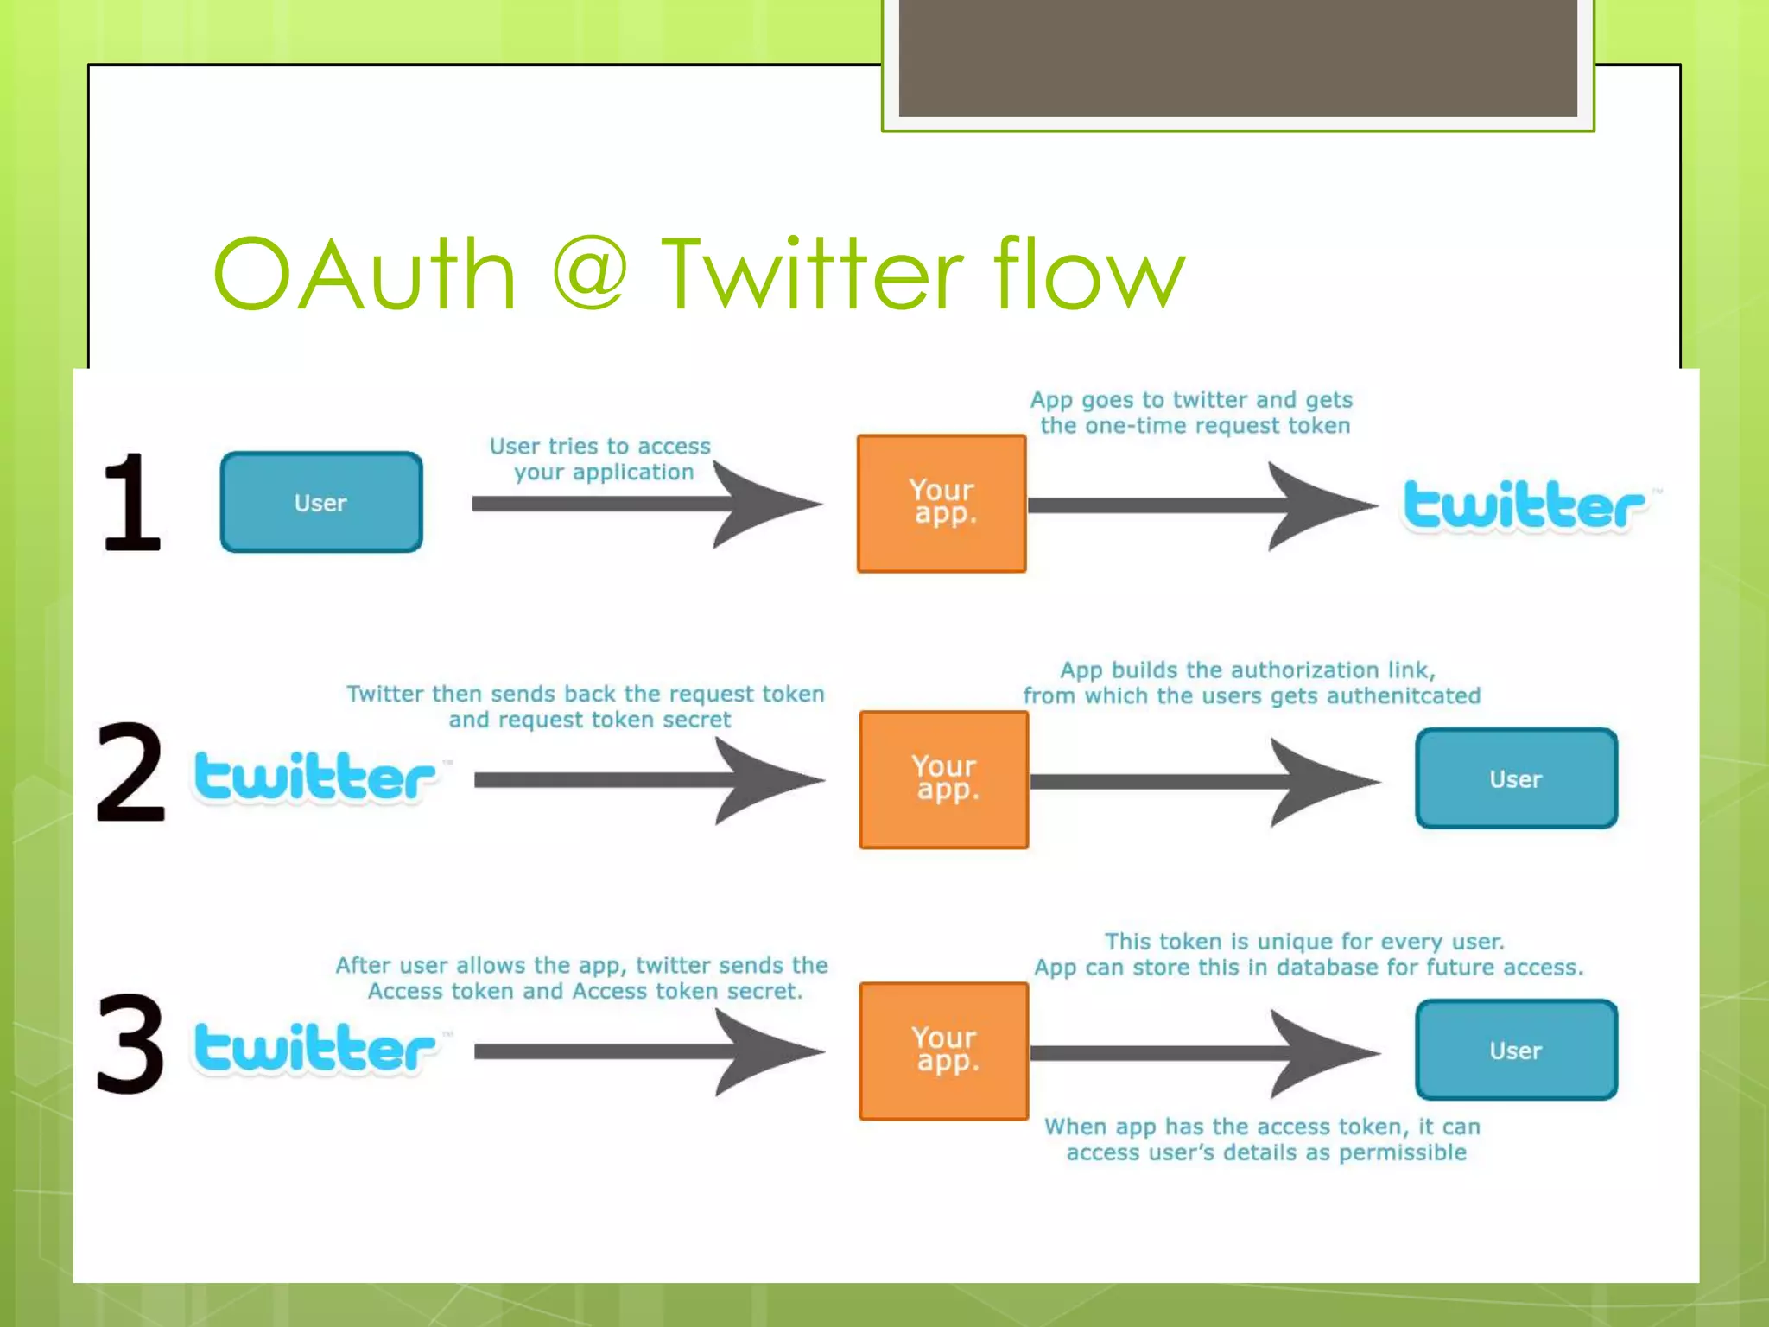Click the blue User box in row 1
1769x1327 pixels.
(321, 502)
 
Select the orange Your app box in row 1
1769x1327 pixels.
(942, 503)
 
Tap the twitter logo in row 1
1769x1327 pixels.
(1525, 505)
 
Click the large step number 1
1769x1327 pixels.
(131, 503)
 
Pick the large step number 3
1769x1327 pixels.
(130, 1044)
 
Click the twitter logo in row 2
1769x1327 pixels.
(314, 777)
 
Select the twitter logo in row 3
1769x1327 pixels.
(314, 1048)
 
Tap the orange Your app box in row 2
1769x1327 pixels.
(944, 779)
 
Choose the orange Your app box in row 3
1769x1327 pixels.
(944, 1051)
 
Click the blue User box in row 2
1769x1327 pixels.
(1516, 778)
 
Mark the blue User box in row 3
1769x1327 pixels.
(1516, 1050)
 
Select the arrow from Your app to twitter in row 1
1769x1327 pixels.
(1202, 506)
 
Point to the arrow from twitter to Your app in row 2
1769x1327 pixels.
(649, 781)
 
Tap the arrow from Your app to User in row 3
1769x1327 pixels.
(1205, 1053)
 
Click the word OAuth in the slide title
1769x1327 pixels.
(365, 274)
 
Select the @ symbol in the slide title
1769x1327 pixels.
(589, 274)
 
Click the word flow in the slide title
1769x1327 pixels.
(1089, 274)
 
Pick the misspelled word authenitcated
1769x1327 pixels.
(1403, 696)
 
